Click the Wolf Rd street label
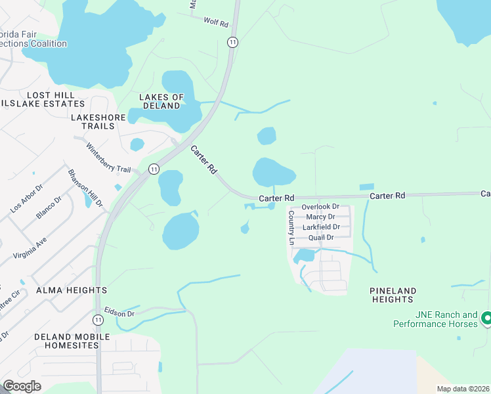(215, 24)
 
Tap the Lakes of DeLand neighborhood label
(161, 101)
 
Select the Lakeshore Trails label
(97, 117)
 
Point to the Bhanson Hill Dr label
(85, 188)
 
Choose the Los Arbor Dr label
(26, 198)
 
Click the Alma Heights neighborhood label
(72, 290)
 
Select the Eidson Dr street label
(119, 313)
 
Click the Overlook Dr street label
(320, 207)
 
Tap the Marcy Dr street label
(320, 217)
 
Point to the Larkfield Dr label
(321, 227)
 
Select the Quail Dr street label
(321, 238)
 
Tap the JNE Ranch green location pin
(486, 318)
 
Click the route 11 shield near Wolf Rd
(232, 41)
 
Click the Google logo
(22, 386)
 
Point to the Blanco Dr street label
(48, 207)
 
